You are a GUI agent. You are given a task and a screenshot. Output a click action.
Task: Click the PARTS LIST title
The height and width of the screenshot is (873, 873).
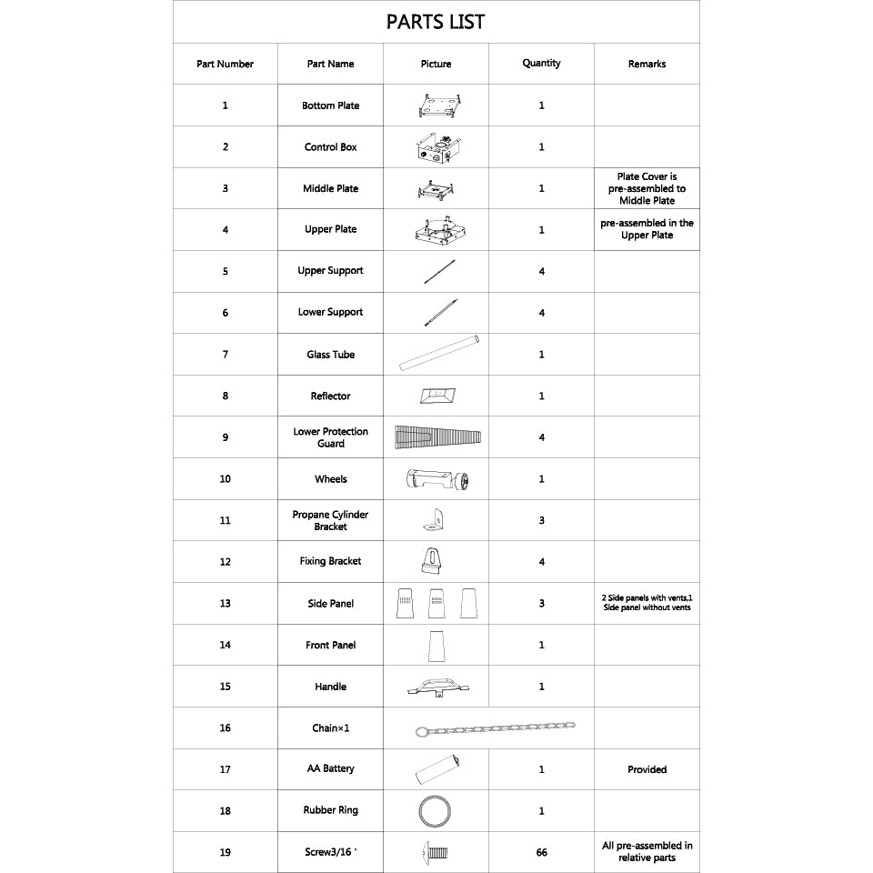point(436,22)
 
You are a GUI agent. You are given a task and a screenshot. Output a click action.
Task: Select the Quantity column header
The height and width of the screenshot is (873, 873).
point(541,64)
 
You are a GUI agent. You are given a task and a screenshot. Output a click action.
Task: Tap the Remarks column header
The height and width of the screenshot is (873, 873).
point(647,64)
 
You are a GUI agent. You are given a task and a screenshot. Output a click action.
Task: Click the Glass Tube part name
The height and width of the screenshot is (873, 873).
point(330,355)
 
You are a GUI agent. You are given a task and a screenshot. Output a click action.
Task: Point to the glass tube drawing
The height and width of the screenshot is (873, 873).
point(438,354)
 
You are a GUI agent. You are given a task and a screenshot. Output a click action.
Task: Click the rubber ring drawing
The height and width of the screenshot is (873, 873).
point(436,810)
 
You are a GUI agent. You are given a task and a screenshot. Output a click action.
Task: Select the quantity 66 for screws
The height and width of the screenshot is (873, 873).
point(541,853)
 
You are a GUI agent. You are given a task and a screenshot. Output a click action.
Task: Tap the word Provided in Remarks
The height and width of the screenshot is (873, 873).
point(647,769)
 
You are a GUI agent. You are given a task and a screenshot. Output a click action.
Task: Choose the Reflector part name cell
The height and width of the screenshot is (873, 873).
point(330,396)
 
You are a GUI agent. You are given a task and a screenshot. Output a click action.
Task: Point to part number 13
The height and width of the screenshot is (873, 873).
point(225,604)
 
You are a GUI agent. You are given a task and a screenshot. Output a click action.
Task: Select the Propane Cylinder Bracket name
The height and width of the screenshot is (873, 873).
point(330,520)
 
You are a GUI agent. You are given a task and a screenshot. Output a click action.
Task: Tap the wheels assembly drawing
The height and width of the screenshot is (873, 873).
point(437,478)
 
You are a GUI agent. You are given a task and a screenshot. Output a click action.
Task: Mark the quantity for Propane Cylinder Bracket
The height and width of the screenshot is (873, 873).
point(541,521)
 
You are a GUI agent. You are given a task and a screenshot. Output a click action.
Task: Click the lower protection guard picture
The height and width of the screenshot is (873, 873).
point(437,437)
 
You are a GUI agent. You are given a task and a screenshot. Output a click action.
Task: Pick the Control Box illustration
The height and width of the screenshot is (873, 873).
point(436,148)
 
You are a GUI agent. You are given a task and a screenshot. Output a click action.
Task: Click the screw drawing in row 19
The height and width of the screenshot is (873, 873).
point(436,853)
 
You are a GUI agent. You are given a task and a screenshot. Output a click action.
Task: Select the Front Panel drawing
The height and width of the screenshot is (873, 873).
point(436,646)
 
